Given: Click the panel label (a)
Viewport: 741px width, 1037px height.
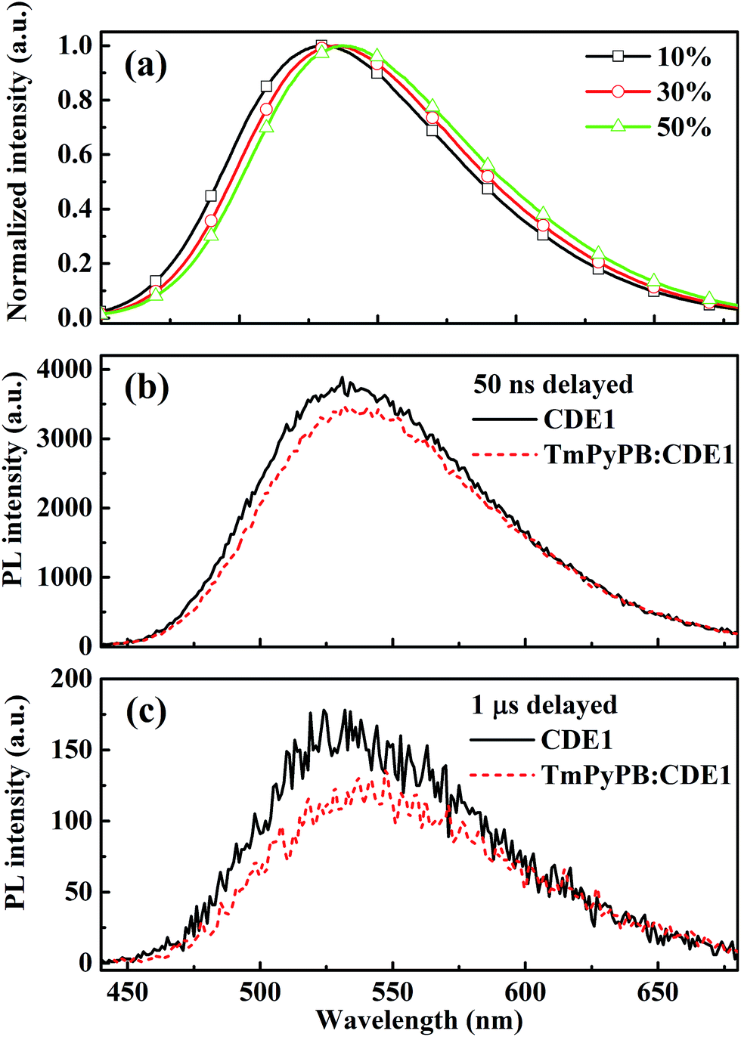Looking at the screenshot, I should (x=146, y=67).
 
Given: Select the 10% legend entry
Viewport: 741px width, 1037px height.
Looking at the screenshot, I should (x=684, y=57).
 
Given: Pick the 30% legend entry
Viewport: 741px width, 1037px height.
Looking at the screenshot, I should (x=684, y=92).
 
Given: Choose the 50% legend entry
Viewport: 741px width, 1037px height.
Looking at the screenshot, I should (x=684, y=127).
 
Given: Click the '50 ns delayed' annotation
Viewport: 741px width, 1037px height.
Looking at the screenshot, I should (x=553, y=384).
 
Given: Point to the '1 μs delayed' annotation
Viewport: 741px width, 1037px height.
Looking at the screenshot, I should (x=544, y=705).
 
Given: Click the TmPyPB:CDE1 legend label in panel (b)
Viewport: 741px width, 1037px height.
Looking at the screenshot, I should (x=639, y=454).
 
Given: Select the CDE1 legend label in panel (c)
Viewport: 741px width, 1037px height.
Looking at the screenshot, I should (x=577, y=740).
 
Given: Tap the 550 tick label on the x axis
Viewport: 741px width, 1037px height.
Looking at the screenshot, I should (x=392, y=992).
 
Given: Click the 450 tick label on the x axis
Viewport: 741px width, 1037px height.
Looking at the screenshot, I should (x=127, y=992).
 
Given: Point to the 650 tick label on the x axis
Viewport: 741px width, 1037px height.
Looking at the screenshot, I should (x=658, y=992).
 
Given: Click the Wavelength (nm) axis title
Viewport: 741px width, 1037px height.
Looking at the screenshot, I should (x=419, y=1020).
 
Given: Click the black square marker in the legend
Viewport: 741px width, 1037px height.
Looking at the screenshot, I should (x=618, y=56).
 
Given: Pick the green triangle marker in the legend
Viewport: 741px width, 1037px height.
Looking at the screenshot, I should (x=618, y=125).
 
